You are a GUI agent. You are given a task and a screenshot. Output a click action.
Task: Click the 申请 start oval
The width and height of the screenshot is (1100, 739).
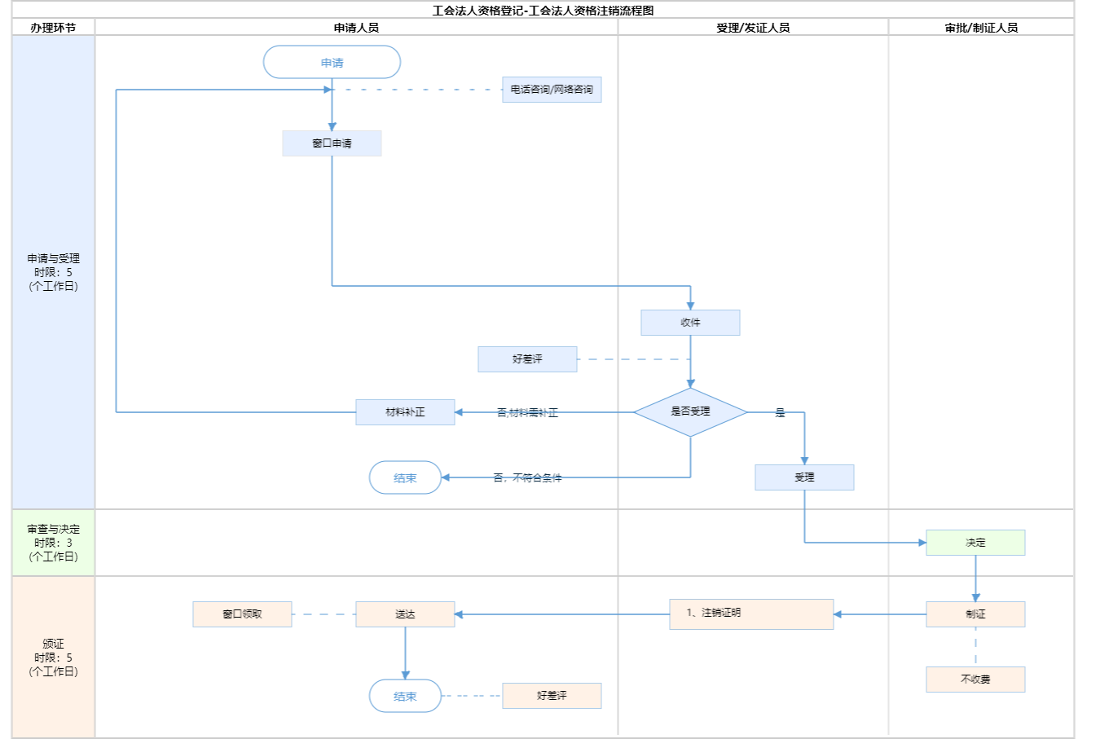[x=332, y=63]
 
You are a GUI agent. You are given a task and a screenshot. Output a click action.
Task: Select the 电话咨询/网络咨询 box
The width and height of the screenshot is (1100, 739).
[x=552, y=90]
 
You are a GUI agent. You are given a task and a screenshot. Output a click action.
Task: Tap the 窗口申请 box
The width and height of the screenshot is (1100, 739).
[x=332, y=143]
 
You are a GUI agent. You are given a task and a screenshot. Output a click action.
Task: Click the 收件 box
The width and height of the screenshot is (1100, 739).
[x=690, y=323]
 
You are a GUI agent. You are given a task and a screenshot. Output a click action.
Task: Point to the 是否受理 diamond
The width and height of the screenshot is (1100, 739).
[x=690, y=411]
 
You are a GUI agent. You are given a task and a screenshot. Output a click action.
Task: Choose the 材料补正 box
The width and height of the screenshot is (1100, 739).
[x=405, y=412]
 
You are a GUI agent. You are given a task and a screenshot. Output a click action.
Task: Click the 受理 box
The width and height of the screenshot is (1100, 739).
[x=804, y=477]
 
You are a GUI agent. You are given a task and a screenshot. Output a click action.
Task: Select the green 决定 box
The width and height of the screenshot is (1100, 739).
[x=975, y=543]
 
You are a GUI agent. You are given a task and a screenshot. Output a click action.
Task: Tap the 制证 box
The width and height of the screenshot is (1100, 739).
[x=975, y=614]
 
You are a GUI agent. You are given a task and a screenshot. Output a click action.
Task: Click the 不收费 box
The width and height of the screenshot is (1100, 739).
[x=975, y=680]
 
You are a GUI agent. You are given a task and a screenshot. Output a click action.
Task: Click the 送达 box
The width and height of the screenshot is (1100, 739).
[x=405, y=614]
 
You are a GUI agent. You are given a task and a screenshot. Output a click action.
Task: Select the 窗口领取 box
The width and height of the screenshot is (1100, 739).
[x=242, y=614]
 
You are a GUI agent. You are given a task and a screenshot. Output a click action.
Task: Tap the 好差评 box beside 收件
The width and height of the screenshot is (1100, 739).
[x=527, y=359]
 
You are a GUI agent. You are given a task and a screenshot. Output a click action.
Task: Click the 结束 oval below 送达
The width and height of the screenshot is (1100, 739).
[x=405, y=697]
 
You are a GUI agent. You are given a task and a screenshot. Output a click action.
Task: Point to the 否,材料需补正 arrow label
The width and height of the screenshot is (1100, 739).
[x=527, y=413]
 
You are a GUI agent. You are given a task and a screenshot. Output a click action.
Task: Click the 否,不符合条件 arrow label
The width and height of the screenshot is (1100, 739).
[x=527, y=478]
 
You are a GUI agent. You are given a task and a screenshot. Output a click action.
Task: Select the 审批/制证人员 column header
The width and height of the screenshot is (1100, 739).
[x=981, y=28]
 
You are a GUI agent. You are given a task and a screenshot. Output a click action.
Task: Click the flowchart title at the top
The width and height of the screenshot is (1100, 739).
[x=543, y=11]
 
